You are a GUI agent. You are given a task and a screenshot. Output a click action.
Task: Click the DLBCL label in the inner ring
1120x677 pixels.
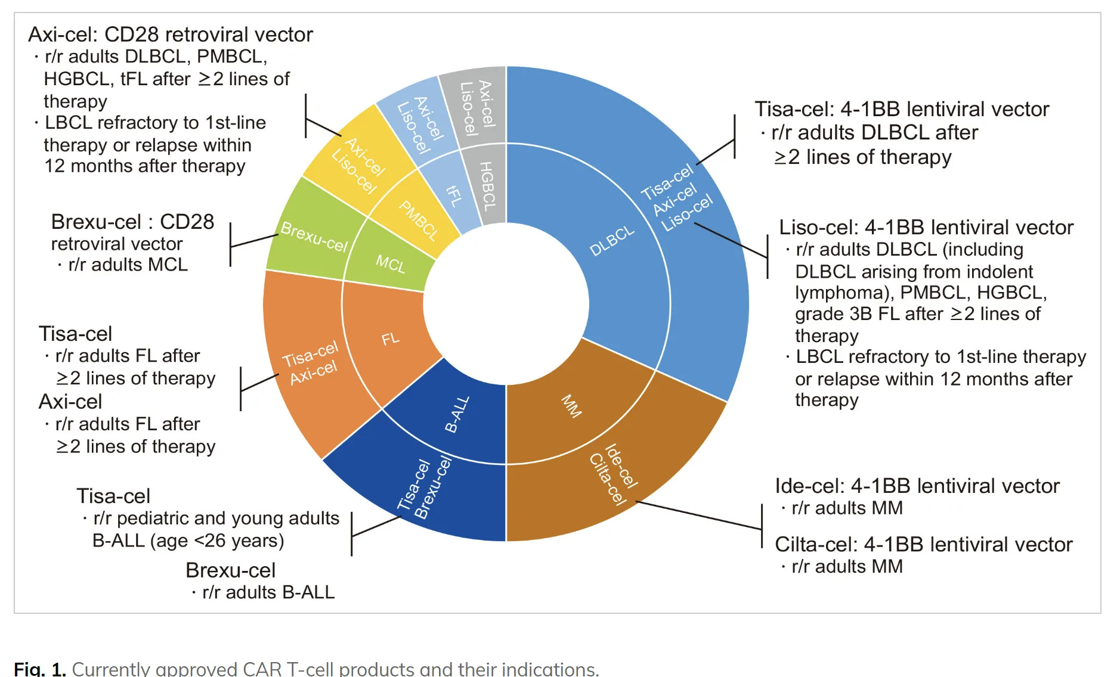point(612,241)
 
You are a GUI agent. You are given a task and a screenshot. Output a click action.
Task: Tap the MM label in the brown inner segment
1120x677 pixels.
point(571,406)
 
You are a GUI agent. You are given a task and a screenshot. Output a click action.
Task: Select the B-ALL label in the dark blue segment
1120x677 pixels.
point(457,414)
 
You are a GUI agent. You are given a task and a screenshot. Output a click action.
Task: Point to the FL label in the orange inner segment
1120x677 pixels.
point(391,339)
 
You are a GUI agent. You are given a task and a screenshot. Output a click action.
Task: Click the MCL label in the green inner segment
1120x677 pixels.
point(391,263)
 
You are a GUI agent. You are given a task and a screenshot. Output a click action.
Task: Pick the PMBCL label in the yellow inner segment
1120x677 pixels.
point(419,221)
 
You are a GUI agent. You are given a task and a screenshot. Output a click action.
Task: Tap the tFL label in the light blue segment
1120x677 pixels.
point(454,195)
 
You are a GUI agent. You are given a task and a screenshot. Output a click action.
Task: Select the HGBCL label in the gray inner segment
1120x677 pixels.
point(488,186)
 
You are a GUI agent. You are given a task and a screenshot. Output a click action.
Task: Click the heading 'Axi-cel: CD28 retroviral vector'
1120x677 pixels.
point(171,35)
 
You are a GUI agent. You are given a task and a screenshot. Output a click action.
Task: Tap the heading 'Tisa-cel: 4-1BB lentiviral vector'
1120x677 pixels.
point(902,109)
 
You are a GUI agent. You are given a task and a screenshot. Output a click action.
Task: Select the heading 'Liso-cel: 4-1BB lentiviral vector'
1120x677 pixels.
point(926,227)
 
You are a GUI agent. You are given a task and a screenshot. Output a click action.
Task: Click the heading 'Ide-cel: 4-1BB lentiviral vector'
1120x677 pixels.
point(917,486)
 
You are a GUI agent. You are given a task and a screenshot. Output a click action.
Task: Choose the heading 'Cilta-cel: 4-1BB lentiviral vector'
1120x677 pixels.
point(923,544)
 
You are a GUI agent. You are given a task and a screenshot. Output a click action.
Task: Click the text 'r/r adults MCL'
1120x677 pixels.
point(128,264)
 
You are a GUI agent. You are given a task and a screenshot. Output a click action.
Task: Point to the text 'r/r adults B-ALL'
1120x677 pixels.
point(268,592)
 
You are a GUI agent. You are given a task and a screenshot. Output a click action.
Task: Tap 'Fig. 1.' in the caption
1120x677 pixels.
point(39,669)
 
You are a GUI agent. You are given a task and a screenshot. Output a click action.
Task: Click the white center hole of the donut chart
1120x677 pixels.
point(506,304)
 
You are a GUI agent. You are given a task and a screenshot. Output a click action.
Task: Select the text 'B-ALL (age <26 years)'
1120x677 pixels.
point(188,541)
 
